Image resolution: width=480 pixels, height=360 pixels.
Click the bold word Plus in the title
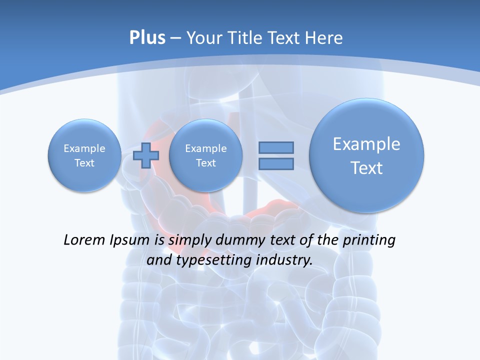click(147, 38)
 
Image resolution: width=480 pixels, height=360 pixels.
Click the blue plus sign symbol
click(146, 155)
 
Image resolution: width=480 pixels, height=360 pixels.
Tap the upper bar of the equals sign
click(276, 147)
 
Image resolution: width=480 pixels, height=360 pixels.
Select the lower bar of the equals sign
click(276, 164)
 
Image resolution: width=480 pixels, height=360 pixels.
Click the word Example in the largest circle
click(366, 144)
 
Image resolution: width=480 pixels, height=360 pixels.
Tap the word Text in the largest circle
click(366, 168)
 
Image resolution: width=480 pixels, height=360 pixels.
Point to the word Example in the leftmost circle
click(84, 148)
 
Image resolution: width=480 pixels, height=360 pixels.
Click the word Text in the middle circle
click(206, 163)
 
